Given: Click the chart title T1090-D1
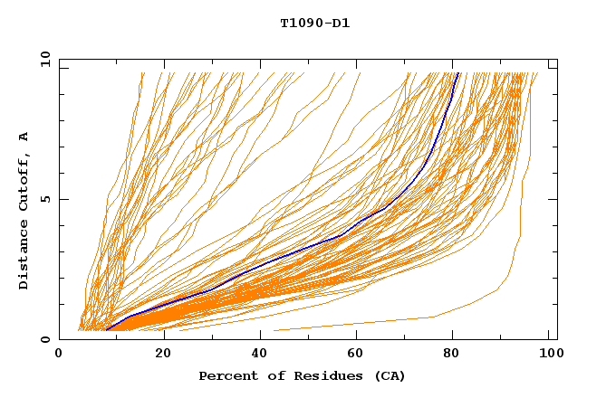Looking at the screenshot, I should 314,24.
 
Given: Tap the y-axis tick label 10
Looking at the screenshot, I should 44,58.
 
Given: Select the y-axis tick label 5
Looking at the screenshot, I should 48,199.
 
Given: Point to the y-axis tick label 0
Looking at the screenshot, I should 48,339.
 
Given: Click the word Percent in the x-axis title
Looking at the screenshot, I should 226,375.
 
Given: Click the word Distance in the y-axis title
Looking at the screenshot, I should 24,254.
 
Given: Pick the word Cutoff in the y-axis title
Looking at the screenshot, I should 24,179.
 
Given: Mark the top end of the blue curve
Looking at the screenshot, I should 458,73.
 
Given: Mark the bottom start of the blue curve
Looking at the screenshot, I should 107,330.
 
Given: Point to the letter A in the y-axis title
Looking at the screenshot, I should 24,137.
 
